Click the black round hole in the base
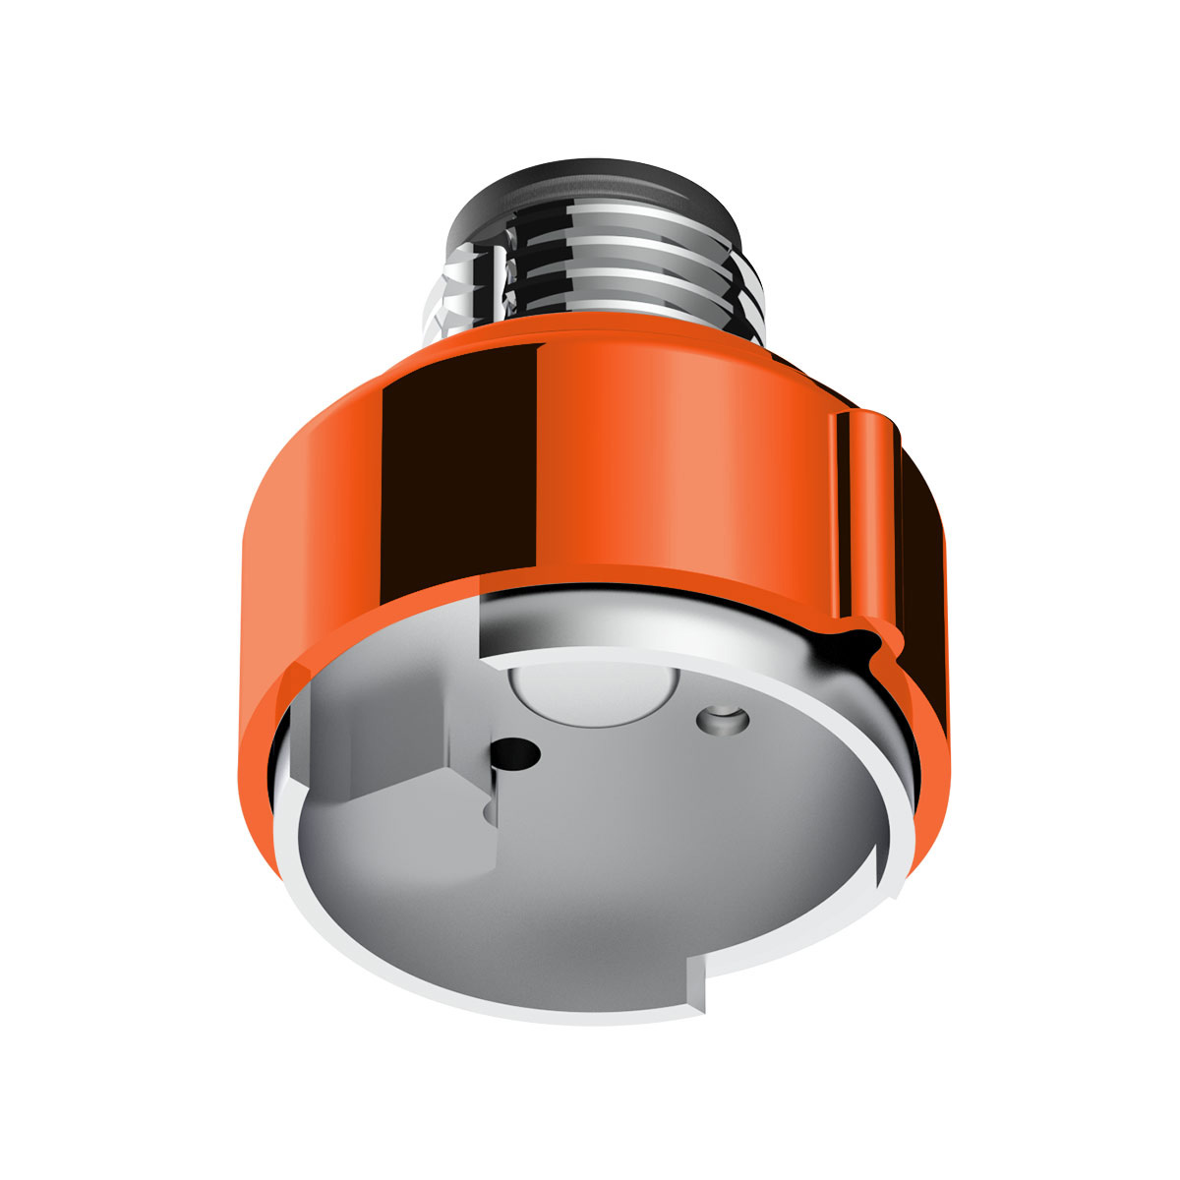516,755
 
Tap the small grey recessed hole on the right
722,720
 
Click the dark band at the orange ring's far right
919,551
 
